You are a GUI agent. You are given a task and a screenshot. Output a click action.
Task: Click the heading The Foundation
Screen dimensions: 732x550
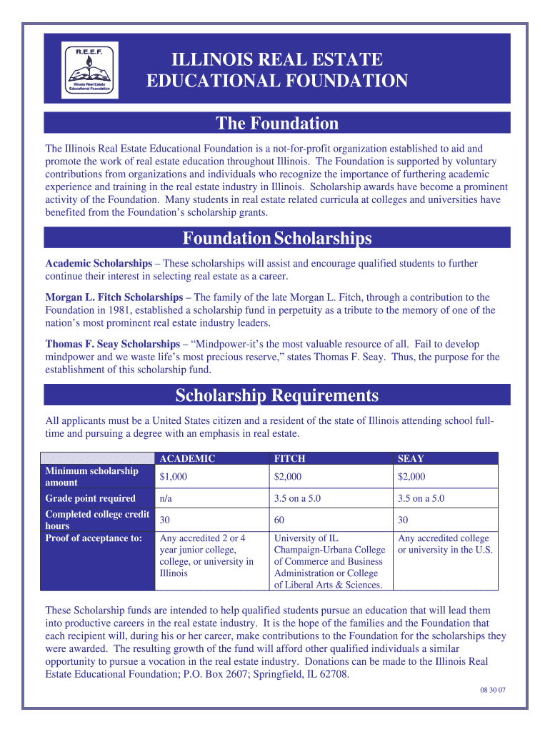click(x=277, y=124)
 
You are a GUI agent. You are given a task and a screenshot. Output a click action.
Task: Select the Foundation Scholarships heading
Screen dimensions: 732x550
click(x=277, y=237)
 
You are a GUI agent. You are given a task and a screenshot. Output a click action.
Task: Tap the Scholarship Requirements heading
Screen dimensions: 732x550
click(x=277, y=395)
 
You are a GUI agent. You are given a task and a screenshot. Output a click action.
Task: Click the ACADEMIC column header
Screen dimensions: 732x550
click(x=187, y=459)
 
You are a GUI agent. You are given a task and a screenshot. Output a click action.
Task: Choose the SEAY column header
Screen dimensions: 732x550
click(x=411, y=459)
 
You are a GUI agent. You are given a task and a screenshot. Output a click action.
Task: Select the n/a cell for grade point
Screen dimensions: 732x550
click(x=166, y=498)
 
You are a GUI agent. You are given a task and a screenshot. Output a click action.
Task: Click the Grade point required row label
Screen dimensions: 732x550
click(x=90, y=498)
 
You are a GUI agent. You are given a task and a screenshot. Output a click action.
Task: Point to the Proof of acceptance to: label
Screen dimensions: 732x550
click(x=94, y=538)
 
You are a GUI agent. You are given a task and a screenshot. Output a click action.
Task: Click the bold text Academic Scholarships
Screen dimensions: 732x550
click(x=99, y=264)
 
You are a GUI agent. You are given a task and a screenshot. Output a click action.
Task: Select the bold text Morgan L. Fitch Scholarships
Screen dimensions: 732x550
click(x=114, y=297)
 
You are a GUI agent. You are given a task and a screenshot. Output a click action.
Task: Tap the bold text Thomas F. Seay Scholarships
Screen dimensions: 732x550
click(x=113, y=344)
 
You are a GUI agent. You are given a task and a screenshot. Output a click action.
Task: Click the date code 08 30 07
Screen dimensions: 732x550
click(x=491, y=690)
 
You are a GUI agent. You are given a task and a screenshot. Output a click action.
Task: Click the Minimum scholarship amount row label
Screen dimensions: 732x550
click(x=91, y=477)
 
